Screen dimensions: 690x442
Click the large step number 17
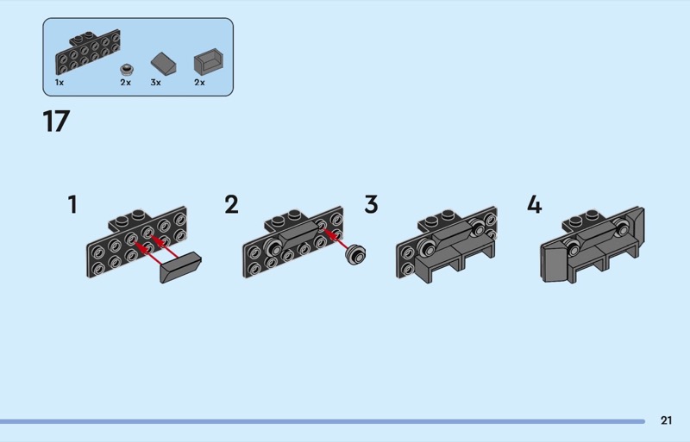[x=56, y=121]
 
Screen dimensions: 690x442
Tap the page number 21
[x=666, y=420]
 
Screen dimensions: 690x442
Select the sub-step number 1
[x=72, y=204]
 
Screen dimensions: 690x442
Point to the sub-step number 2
[x=231, y=204]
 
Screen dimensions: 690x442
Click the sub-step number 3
[x=371, y=204]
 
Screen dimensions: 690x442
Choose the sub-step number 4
[x=534, y=204]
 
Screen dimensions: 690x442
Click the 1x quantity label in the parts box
[x=60, y=82]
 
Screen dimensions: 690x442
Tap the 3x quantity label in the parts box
[x=156, y=82]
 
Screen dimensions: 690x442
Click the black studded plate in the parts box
[x=88, y=53]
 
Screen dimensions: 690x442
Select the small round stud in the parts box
[x=127, y=69]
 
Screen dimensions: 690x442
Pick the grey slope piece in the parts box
[x=163, y=64]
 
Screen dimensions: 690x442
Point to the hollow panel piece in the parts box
[x=209, y=62]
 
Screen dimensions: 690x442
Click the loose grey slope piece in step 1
[x=181, y=267]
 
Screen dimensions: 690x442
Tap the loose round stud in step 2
[x=355, y=255]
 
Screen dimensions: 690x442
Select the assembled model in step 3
[x=447, y=246]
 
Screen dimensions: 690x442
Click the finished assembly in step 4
[x=593, y=246]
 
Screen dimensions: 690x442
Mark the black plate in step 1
[x=137, y=242]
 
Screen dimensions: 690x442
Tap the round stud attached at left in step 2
[x=273, y=249]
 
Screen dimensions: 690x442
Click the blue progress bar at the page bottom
[x=323, y=422]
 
